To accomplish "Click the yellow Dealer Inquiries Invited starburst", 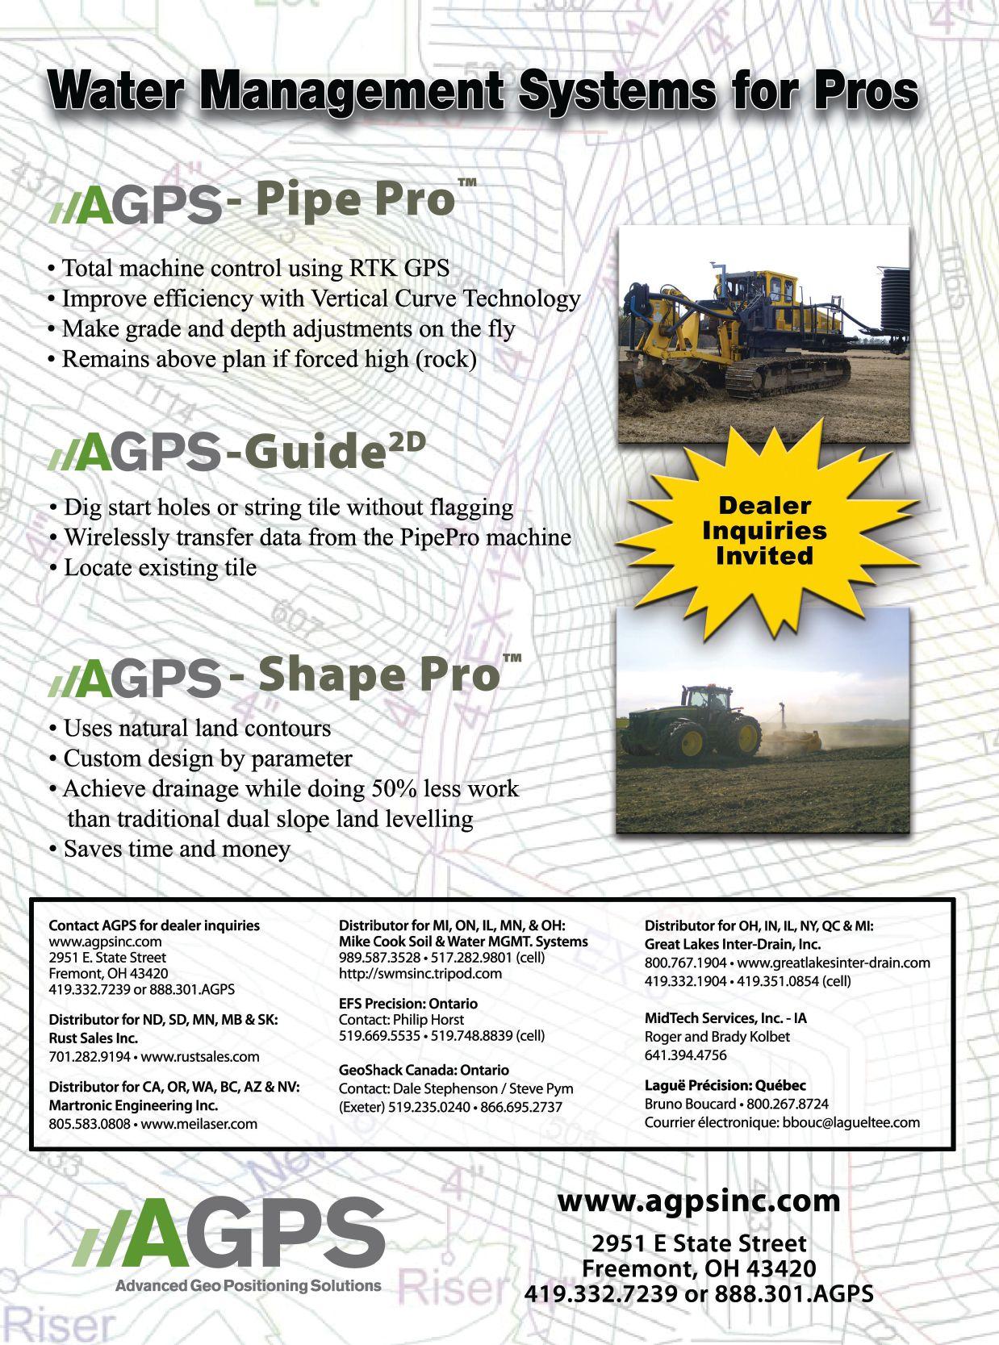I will tap(765, 530).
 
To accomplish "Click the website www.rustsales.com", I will tap(200, 1056).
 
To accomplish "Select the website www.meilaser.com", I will tap(199, 1123).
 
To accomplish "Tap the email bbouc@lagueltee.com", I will tap(851, 1122).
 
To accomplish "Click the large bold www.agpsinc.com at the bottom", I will tap(698, 1201).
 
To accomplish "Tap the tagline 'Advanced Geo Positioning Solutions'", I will tap(248, 1285).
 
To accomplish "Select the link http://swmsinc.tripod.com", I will tap(420, 973).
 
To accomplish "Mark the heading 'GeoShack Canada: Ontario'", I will tap(424, 1070).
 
